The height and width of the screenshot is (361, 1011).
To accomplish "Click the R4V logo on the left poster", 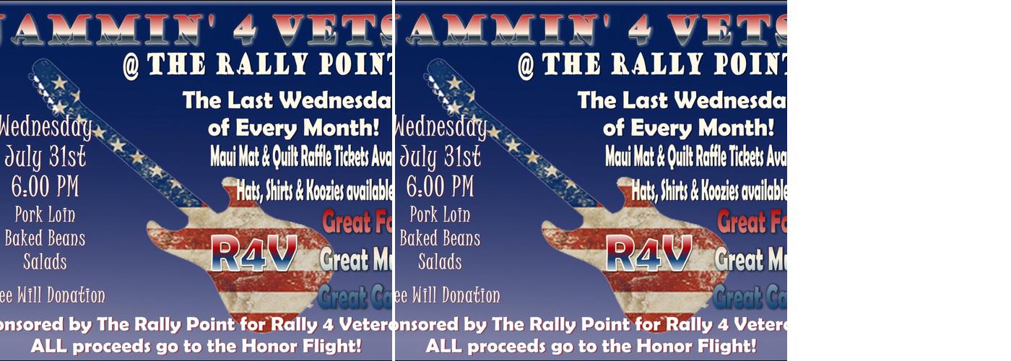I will click(254, 253).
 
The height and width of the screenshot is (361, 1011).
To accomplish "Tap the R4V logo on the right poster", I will click(649, 253).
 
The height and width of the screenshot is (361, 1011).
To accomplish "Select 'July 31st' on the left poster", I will click(45, 156).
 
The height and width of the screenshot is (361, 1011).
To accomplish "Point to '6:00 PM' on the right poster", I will click(440, 186).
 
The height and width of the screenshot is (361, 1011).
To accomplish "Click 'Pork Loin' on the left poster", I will click(45, 214).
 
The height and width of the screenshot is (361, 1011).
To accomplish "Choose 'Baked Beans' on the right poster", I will click(440, 238).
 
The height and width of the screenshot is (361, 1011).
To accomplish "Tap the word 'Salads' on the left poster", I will click(45, 261).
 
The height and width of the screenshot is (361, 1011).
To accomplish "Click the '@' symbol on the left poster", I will click(131, 66).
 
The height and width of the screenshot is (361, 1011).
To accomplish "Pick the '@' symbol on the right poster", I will click(526, 66).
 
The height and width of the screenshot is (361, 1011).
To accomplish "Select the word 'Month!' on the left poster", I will click(342, 129).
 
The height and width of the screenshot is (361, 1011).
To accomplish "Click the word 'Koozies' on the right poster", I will click(719, 191).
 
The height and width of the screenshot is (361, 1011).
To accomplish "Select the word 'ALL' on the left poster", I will click(50, 346).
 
